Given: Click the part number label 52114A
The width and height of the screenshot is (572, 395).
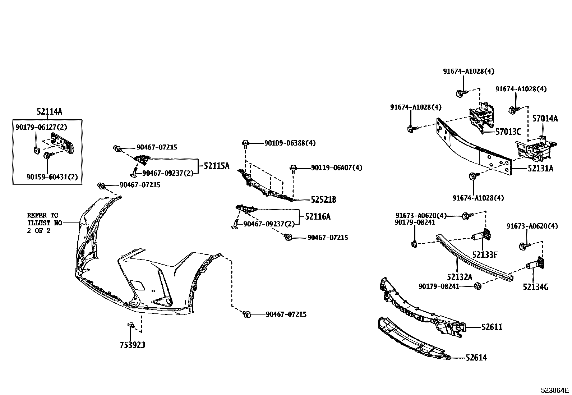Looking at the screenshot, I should click(49, 112).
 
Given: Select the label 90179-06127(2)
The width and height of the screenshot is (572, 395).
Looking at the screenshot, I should click(41, 127).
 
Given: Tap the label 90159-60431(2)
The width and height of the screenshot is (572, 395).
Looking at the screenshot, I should click(52, 177).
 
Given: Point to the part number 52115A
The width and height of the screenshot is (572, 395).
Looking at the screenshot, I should click(216, 166).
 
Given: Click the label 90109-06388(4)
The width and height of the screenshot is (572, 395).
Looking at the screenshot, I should click(290, 143).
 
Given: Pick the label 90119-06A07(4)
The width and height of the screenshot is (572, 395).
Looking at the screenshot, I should click(337, 168).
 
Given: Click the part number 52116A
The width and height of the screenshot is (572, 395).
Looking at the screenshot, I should click(318, 216).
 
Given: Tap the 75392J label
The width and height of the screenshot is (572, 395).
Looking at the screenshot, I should click(132, 345).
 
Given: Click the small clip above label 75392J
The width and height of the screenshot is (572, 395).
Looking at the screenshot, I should click(131, 325).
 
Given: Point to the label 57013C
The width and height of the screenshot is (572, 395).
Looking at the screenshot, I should click(508, 132).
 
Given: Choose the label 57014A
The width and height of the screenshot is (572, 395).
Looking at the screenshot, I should click(545, 118).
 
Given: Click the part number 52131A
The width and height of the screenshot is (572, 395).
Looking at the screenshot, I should click(540, 168).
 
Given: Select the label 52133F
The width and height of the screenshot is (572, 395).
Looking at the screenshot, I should click(485, 255).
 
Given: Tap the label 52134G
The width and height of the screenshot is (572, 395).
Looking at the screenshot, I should click(536, 287).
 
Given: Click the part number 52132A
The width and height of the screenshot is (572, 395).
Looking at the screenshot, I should click(460, 277).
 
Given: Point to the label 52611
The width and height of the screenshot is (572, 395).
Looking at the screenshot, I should click(492, 327).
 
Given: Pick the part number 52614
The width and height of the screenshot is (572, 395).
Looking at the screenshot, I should click(476, 358).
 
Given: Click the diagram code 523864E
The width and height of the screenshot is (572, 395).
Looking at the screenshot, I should click(555, 390).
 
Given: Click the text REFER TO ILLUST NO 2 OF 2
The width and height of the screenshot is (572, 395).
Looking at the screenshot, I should click(42, 223).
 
